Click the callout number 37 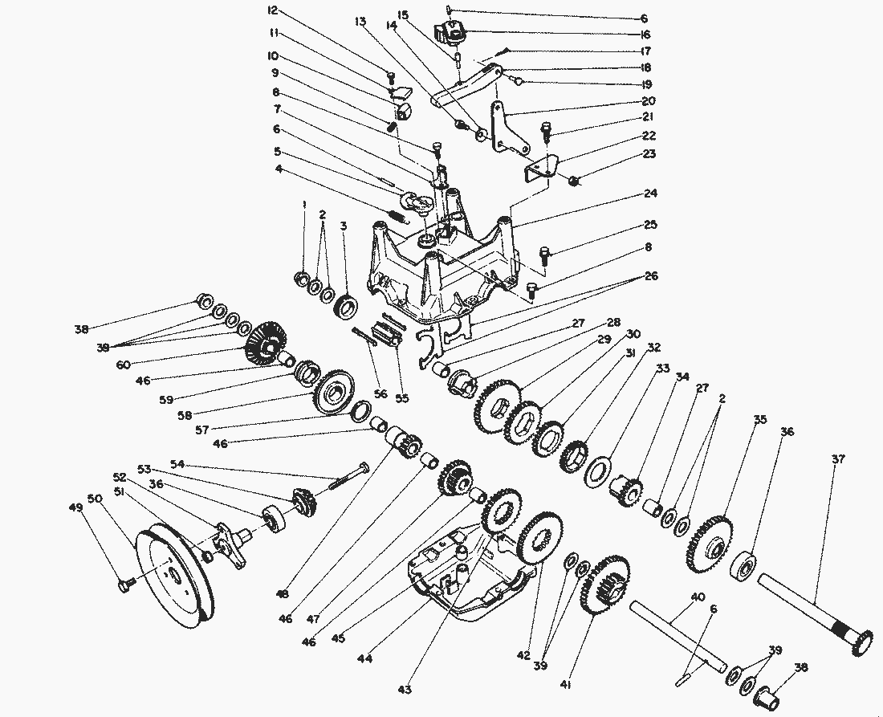(838, 460)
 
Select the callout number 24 (649, 194)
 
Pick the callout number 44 (366, 658)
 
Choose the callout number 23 (649, 155)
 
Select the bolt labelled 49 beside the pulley (124, 585)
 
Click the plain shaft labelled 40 (674, 634)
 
